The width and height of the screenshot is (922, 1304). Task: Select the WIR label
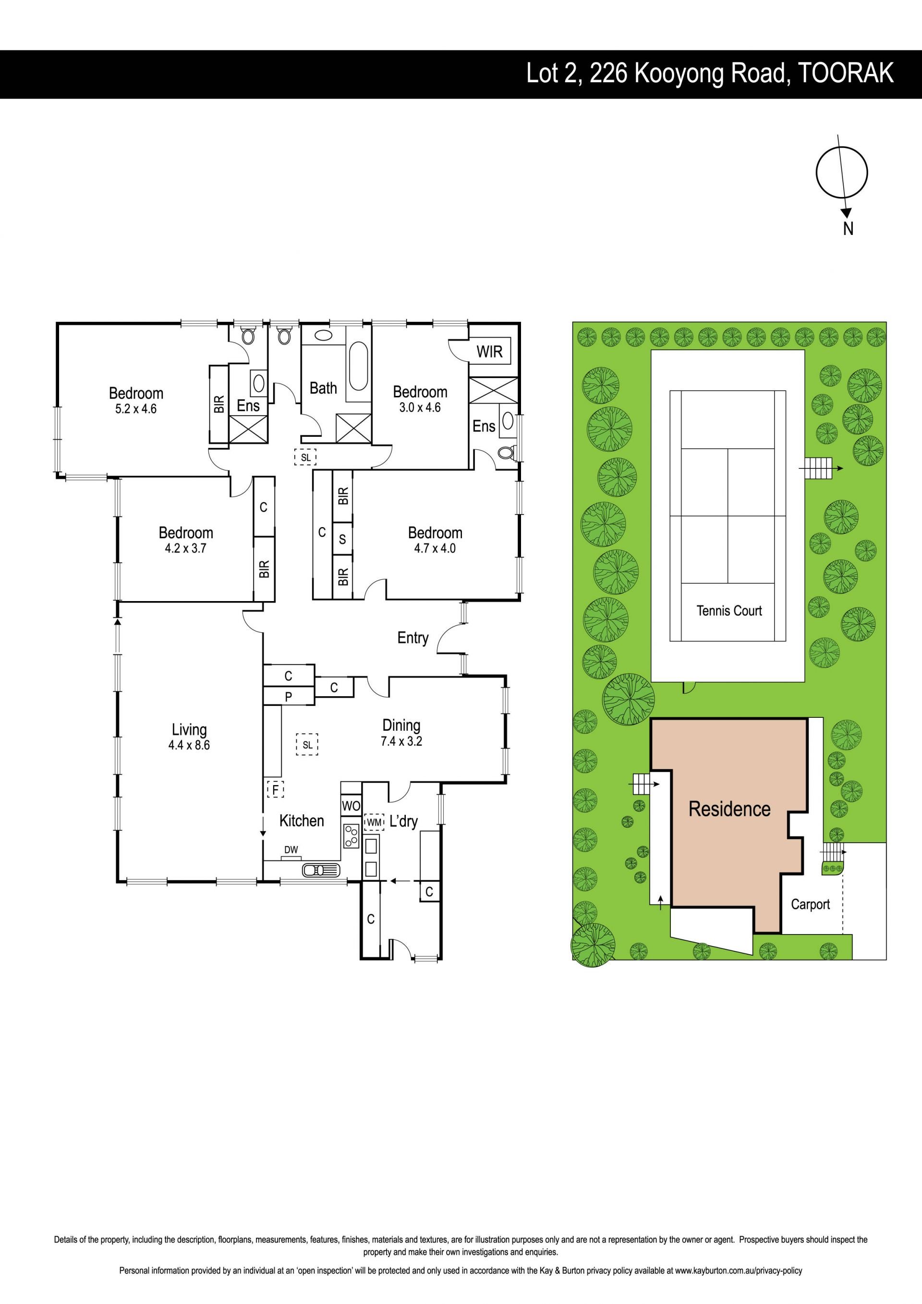tap(489, 352)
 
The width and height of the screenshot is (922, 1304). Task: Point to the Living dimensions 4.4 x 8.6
tap(189, 745)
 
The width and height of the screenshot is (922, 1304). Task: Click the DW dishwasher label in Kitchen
tap(291, 849)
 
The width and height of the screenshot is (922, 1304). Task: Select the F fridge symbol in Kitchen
tap(275, 789)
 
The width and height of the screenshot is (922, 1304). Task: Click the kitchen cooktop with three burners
tap(351, 836)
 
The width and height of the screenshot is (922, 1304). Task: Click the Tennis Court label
tap(729, 611)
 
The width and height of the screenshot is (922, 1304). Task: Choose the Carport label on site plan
tap(810, 904)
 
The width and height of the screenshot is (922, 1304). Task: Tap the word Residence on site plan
tap(729, 809)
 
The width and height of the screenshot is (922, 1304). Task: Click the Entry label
tap(413, 639)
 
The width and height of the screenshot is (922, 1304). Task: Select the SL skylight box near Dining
tap(307, 745)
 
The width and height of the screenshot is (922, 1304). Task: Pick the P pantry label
tap(289, 696)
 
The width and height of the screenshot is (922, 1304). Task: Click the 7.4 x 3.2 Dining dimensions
tap(401, 741)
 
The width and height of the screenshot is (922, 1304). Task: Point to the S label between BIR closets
tap(342, 539)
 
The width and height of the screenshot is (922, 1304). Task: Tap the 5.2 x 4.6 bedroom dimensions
tap(136, 408)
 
